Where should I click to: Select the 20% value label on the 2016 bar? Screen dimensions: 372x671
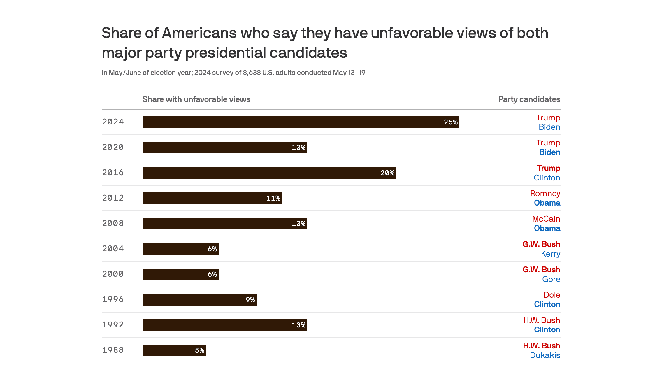click(x=387, y=173)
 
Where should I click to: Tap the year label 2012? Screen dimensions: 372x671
click(x=113, y=198)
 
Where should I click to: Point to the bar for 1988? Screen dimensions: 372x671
click(x=174, y=350)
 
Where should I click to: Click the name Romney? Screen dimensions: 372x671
click(x=545, y=194)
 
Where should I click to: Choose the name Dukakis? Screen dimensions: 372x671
click(x=544, y=355)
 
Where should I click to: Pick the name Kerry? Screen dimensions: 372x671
click(x=550, y=254)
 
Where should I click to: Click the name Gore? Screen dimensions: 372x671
click(x=551, y=279)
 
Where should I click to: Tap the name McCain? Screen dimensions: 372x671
click(x=546, y=219)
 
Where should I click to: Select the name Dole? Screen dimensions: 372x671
click(x=551, y=295)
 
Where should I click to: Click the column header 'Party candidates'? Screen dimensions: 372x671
click(x=529, y=99)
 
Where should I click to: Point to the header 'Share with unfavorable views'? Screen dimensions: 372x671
click(x=196, y=99)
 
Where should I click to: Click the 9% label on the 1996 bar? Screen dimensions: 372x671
click(x=250, y=300)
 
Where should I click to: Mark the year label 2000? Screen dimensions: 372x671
click(x=113, y=274)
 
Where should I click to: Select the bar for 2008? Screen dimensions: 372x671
click(x=224, y=224)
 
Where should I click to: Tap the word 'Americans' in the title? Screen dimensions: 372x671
click(x=199, y=33)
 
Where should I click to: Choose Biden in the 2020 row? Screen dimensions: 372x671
click(x=549, y=152)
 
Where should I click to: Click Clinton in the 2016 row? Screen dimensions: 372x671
click(x=547, y=178)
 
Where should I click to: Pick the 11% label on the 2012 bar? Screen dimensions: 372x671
click(x=273, y=198)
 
